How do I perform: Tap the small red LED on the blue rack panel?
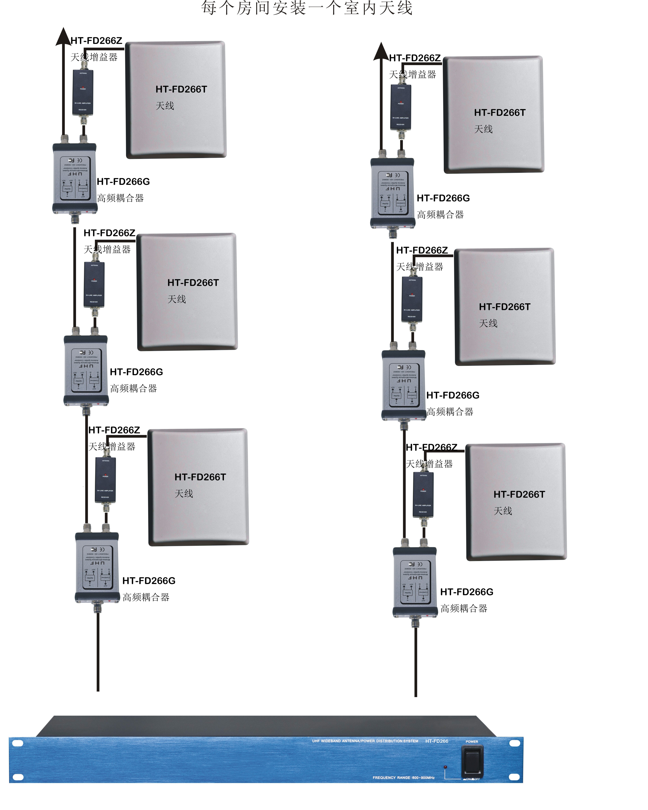click(445, 766)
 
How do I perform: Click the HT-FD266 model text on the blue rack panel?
click(437, 741)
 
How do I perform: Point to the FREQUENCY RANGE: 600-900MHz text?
click(403, 777)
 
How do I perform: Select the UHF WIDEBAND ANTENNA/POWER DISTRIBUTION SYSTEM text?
click(365, 741)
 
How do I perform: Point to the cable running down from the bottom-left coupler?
click(98, 650)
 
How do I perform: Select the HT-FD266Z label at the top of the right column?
click(415, 58)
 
